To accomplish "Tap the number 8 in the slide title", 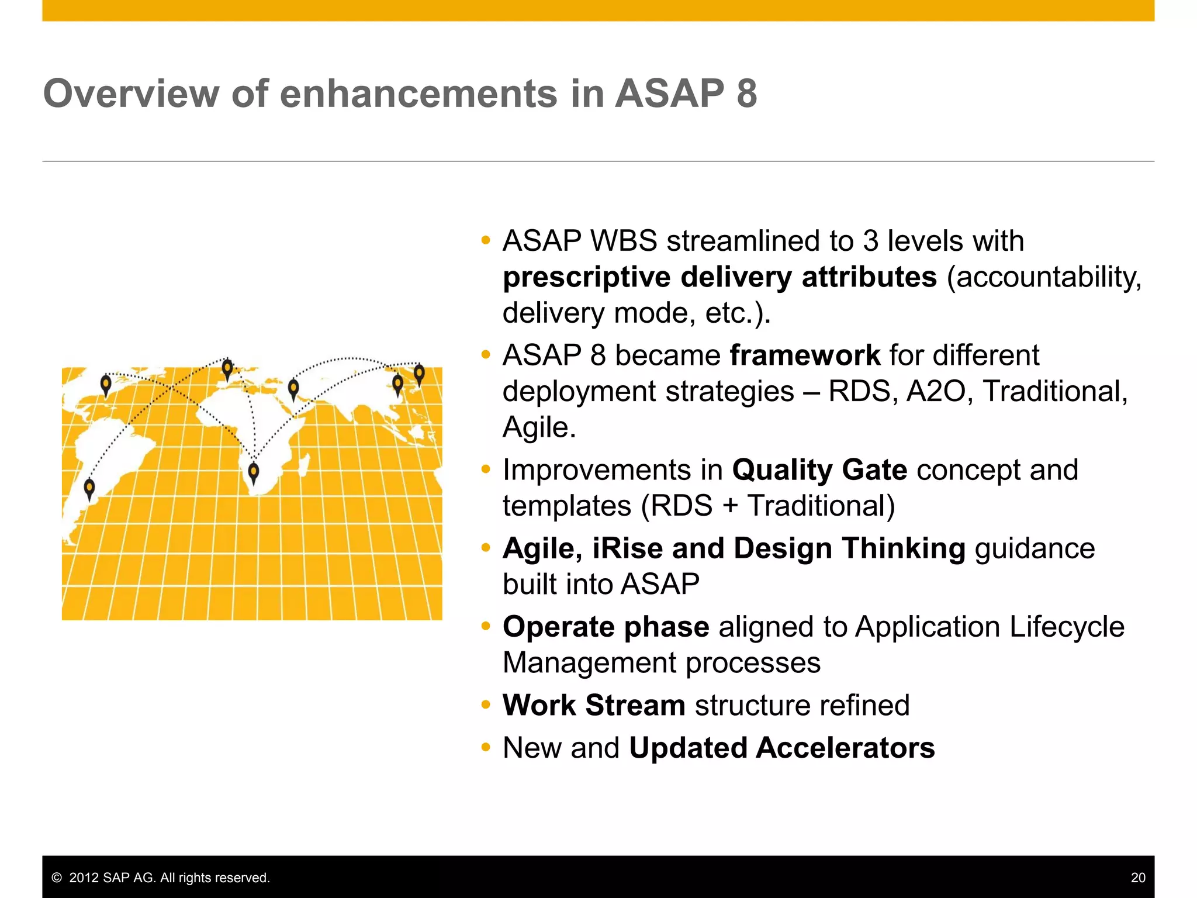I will tap(746, 94).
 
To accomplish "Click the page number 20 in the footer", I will tap(1137, 878).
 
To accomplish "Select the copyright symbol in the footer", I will tap(57, 878).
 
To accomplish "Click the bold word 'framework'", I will tap(805, 355).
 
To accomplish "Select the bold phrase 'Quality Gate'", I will tap(819, 469).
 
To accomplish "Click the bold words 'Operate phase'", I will tap(606, 627).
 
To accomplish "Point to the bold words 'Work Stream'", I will tap(593, 705).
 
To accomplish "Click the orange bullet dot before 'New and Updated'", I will tap(485, 748).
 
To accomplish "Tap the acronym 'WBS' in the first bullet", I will tap(624, 241).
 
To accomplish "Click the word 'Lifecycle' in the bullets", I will tap(1067, 627).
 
